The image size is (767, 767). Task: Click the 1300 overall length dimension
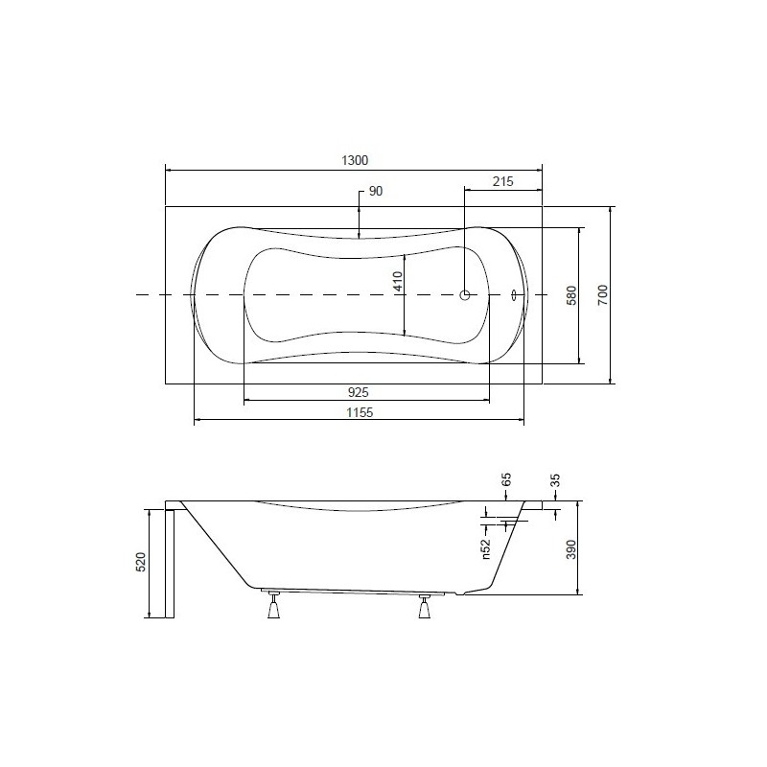coord(355,160)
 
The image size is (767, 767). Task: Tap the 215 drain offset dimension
coord(502,181)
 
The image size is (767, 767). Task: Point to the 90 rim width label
coord(375,191)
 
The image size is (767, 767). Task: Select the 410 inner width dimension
coord(398,281)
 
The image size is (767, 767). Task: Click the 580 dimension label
coord(571,295)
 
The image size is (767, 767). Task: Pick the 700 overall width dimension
coord(603,295)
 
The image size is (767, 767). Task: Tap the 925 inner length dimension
coord(358,392)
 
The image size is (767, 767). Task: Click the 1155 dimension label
coord(360,412)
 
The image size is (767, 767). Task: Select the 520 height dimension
coord(140,562)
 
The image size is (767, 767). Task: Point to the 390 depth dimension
coord(571,549)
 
